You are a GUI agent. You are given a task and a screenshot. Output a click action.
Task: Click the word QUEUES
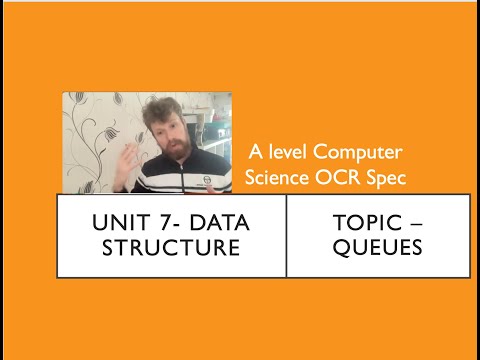tap(378, 247)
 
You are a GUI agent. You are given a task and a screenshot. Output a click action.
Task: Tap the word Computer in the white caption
tap(358, 152)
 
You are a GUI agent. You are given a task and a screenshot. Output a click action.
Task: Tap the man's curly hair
tap(160, 107)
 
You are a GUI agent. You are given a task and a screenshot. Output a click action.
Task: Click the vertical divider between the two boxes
tap(286, 235)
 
